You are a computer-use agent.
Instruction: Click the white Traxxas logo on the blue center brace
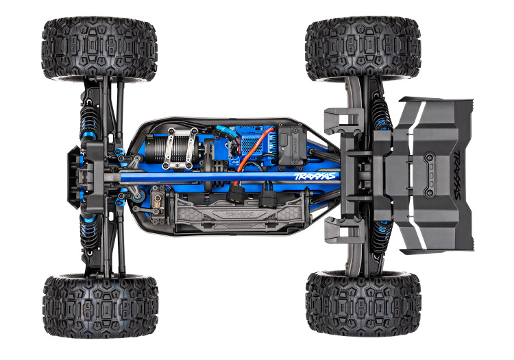pyautogui.click(x=315, y=176)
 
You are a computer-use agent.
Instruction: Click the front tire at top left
pyautogui.click(x=99, y=49)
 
